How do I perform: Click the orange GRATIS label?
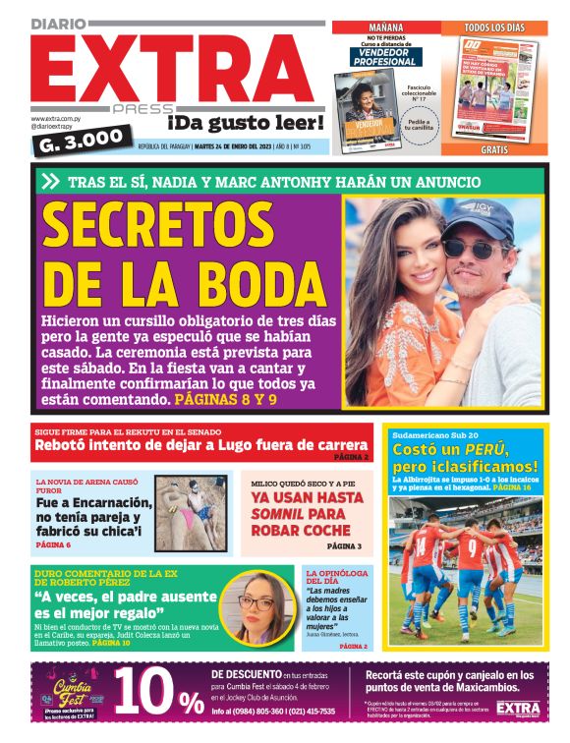493,150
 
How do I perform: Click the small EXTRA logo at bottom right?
518,709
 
